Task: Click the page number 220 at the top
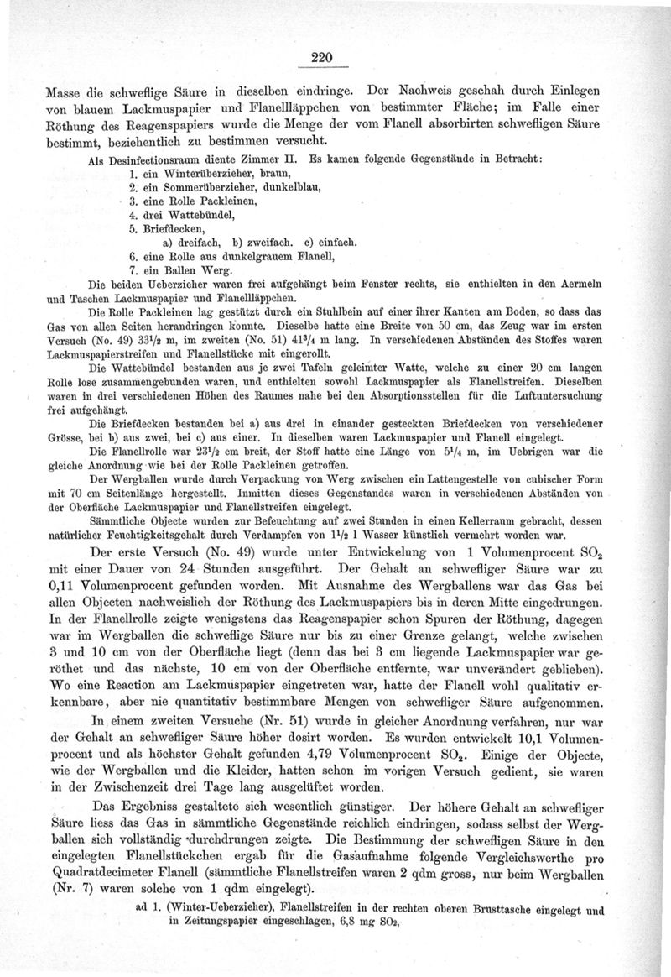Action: tap(322, 58)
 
